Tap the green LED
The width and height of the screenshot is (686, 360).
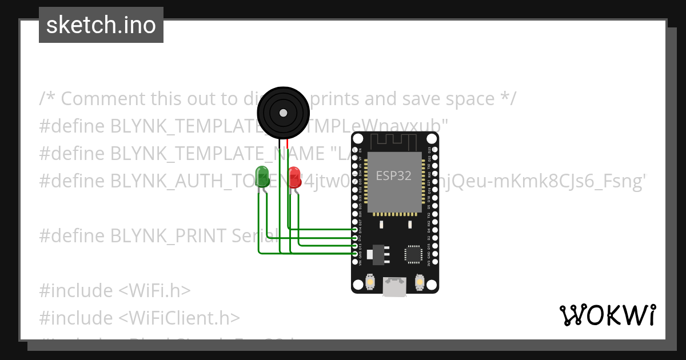pyautogui.click(x=262, y=175)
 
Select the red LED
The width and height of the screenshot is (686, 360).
pyautogui.click(x=294, y=175)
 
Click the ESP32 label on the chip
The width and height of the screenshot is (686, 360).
pyautogui.click(x=393, y=176)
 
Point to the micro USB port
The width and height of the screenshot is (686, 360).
pyautogui.click(x=394, y=286)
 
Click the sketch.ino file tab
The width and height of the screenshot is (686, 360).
pyautogui.click(x=101, y=25)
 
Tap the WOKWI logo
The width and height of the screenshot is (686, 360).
pyautogui.click(x=607, y=315)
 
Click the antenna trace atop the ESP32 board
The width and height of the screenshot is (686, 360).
pyautogui.click(x=394, y=140)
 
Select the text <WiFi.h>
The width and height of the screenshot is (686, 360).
pyautogui.click(x=154, y=290)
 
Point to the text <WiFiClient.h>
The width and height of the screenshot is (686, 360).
pyautogui.click(x=179, y=318)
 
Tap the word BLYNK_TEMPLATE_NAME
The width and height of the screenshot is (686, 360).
pyautogui.click(x=217, y=154)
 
